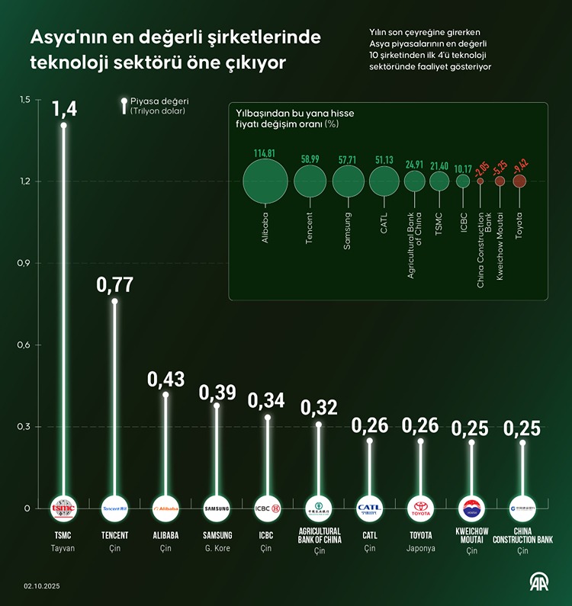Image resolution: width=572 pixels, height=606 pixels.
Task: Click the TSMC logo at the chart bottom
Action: tap(63, 508)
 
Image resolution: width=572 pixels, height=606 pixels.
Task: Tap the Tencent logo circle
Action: tap(114, 508)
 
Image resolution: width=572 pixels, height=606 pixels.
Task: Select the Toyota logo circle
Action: tap(420, 508)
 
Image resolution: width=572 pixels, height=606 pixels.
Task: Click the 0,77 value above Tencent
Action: tap(114, 285)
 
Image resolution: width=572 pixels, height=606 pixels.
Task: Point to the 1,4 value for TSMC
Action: tap(64, 110)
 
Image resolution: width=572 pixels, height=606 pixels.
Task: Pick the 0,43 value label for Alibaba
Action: tap(165, 379)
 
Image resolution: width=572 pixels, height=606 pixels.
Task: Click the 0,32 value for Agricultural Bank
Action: tap(319, 408)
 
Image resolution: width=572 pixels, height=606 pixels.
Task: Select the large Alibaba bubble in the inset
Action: tap(265, 181)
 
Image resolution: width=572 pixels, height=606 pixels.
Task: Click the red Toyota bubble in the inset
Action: tap(519, 181)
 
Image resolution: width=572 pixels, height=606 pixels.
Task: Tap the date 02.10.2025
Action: tap(42, 587)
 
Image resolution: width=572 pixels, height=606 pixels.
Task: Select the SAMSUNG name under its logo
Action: tap(217, 535)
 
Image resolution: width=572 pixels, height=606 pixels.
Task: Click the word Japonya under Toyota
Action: tap(420, 548)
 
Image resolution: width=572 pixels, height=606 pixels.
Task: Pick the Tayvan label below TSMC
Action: tap(63, 548)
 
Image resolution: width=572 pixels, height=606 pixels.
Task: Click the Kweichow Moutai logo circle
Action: tap(471, 508)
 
